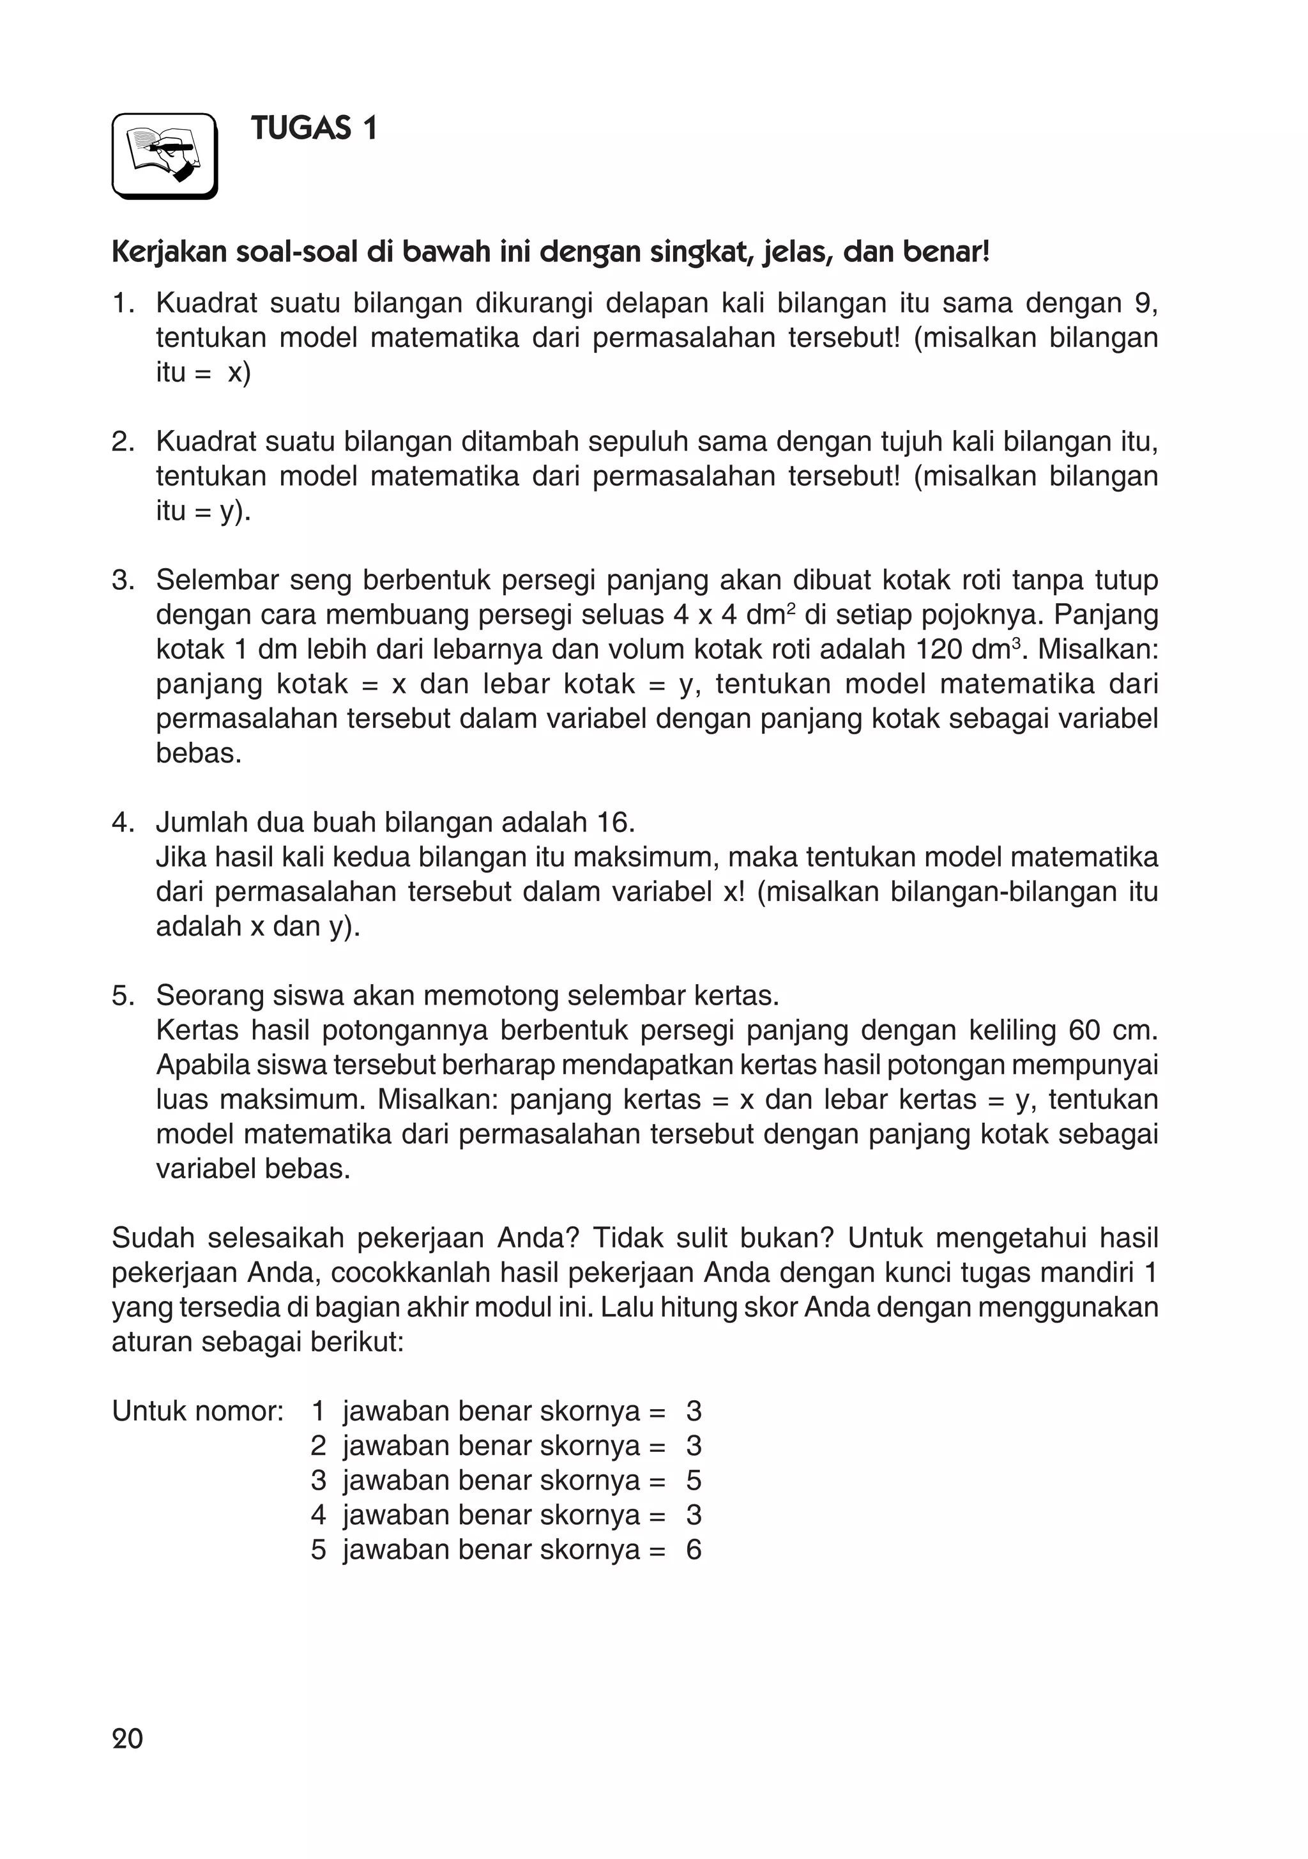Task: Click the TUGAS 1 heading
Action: (314, 128)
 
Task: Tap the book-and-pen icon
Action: (164, 155)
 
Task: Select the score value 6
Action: (694, 1550)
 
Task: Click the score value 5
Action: (694, 1480)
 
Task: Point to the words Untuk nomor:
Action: (197, 1411)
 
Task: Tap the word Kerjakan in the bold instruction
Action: (169, 254)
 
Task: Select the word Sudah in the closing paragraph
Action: (153, 1238)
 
